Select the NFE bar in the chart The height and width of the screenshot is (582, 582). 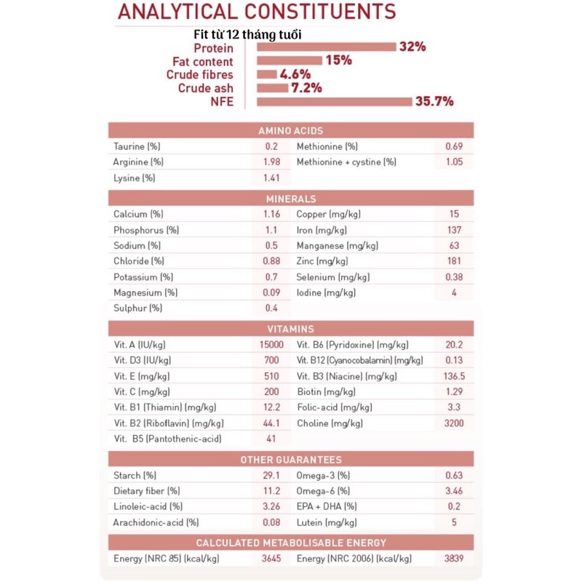334,101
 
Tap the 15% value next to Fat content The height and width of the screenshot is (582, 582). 338,60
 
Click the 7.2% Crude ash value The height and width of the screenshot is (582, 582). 306,88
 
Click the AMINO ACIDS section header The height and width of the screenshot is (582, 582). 291,130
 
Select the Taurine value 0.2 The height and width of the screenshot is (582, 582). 271,146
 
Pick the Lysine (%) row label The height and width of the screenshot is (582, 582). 135,178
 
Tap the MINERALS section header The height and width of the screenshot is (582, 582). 291,199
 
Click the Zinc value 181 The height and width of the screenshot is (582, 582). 454,261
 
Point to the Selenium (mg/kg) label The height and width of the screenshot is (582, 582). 332,277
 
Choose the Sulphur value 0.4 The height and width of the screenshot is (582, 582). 271,308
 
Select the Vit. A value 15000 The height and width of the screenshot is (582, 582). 271,345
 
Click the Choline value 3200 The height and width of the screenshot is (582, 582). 454,423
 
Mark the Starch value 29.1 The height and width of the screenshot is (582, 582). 271,476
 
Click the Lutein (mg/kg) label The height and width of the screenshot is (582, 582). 327,522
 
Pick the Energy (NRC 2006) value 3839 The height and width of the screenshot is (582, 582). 454,559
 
